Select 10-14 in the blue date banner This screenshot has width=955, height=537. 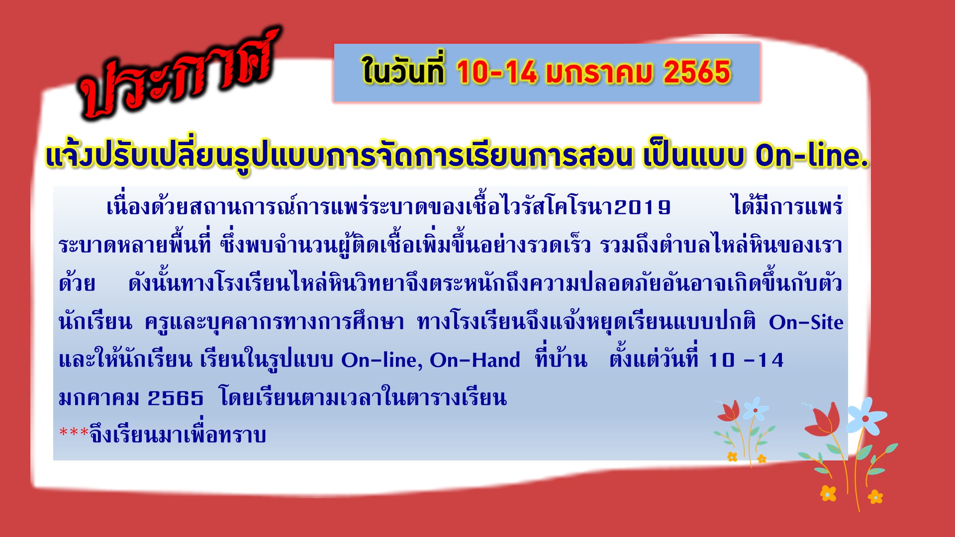496,73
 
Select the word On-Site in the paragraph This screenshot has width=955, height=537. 806,322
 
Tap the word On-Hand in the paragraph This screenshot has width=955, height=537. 475,360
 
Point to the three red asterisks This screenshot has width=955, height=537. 74,432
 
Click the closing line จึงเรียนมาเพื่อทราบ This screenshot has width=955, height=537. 178,435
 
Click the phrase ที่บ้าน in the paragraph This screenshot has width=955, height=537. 561,358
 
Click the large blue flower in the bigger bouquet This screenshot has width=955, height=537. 866,415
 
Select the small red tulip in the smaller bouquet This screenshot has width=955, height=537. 729,411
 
